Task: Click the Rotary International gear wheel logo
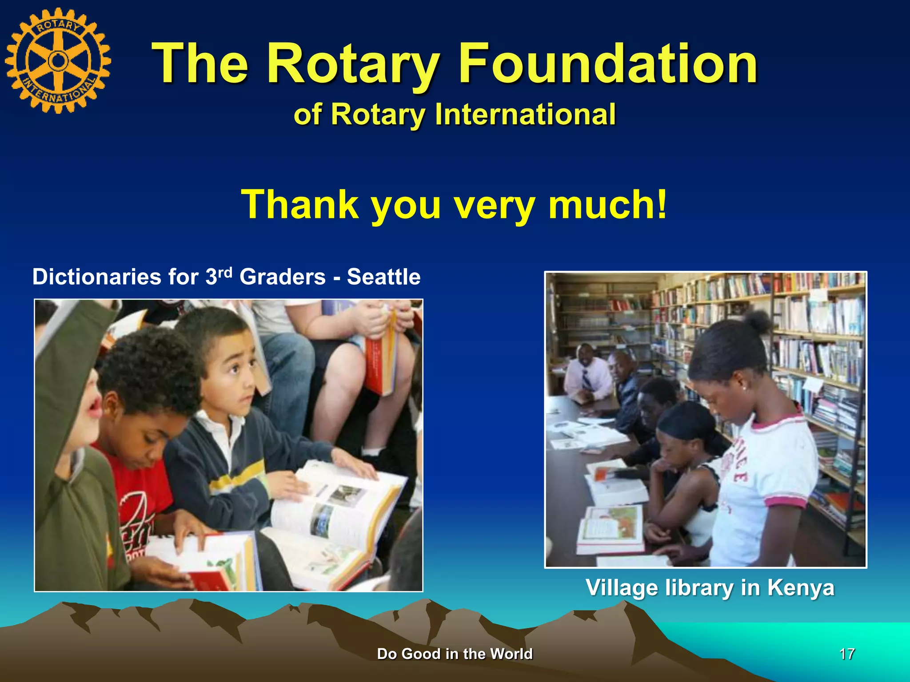pyautogui.click(x=58, y=61)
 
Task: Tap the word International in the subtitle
pyautogui.click(x=525, y=114)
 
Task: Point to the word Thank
pyautogui.click(x=300, y=204)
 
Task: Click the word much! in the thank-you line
pyautogui.click(x=608, y=204)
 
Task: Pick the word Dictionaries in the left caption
pyautogui.click(x=97, y=277)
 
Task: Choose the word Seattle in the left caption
pyautogui.click(x=383, y=277)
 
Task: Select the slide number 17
pyautogui.click(x=847, y=654)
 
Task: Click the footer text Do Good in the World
pyautogui.click(x=455, y=654)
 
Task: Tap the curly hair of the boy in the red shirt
pyautogui.click(x=149, y=369)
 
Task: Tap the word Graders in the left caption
pyautogui.click(x=283, y=277)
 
